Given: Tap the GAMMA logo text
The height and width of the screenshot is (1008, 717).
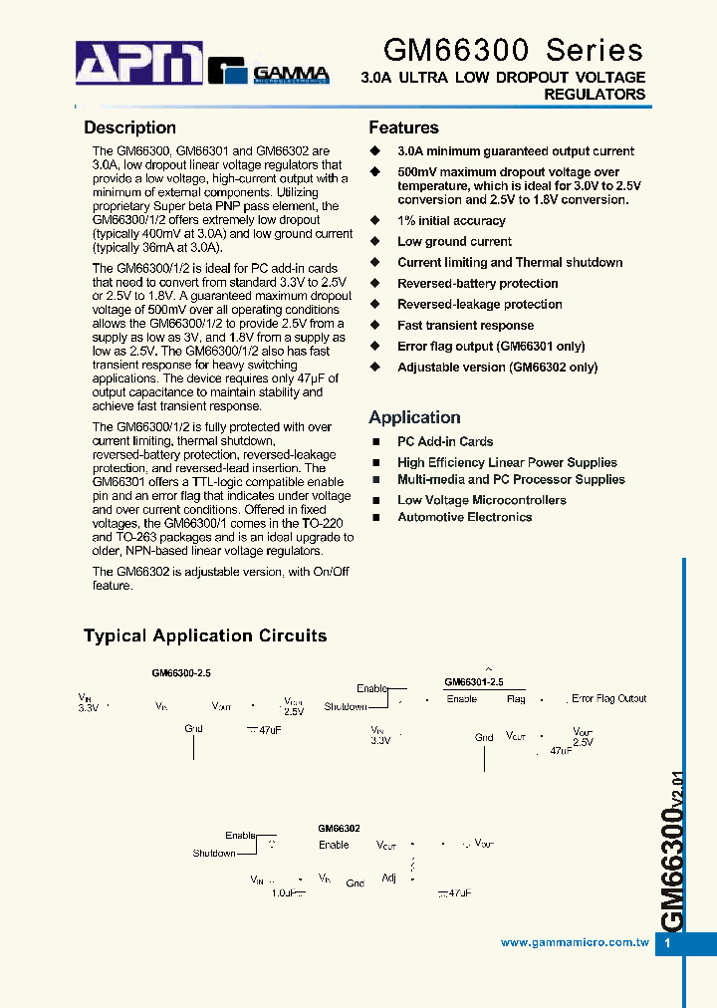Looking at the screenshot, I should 290,73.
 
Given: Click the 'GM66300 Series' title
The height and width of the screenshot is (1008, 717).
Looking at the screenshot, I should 514,50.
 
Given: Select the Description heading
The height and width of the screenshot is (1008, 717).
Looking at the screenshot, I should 129,127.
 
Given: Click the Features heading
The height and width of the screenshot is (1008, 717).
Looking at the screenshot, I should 403,127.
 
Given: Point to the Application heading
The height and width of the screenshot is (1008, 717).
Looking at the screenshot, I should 414,417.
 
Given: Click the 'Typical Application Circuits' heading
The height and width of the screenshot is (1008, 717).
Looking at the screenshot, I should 205,635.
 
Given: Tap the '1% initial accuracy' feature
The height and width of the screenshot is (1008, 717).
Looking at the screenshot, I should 451,221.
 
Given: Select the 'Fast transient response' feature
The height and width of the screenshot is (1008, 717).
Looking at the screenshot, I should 465,326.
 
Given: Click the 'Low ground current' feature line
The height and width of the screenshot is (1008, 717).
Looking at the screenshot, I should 454,242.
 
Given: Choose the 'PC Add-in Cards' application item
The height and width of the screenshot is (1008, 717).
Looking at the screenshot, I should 445,441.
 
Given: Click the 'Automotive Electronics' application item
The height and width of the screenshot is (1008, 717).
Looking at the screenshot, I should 464,517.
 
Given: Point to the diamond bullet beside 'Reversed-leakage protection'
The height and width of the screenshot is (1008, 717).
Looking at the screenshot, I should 375,304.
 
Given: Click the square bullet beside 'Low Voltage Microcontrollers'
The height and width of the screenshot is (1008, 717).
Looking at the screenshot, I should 376,501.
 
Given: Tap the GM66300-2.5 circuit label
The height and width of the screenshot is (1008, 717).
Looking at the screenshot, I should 180,673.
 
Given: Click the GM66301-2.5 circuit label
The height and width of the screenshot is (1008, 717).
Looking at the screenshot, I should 473,682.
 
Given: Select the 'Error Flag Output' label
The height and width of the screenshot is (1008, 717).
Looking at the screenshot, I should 608,699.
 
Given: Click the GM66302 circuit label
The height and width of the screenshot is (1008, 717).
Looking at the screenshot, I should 339,828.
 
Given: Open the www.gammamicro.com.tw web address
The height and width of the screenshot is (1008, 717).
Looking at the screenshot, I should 575,942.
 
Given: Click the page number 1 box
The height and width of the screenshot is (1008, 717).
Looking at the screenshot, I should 668,943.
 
